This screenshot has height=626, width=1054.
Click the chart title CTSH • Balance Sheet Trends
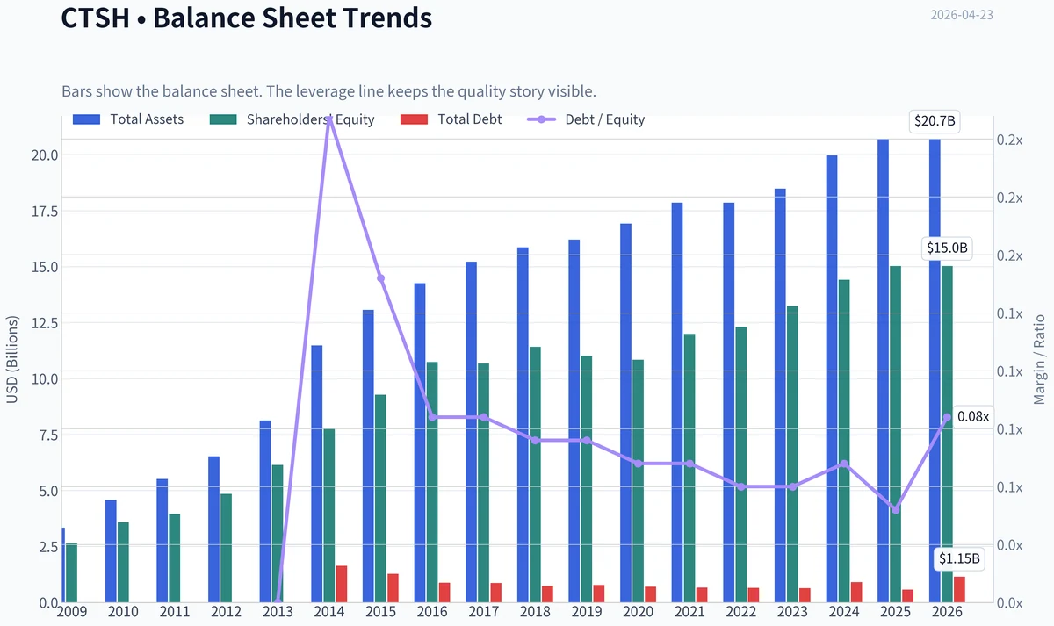point(247,18)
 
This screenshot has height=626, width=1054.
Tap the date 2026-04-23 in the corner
point(962,15)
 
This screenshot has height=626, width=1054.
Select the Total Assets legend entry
point(128,119)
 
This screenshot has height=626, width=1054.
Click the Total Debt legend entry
point(451,119)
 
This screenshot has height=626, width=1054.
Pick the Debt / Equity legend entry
point(586,119)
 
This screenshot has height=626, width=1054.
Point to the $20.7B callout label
point(935,121)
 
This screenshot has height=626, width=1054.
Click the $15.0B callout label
point(947,248)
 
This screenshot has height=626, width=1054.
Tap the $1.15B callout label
point(959,558)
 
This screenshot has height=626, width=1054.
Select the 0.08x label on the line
point(973,417)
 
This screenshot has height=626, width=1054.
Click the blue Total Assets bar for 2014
point(317,473)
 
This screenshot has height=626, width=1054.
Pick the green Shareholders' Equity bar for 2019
point(587,478)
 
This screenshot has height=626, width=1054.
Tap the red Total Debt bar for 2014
point(342,584)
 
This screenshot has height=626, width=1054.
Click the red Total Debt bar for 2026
point(959,589)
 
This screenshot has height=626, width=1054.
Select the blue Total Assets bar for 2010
point(111,550)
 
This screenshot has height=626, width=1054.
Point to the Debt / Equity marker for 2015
point(381,278)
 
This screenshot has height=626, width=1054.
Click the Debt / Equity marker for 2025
point(896,510)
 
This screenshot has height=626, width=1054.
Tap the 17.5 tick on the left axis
point(45,212)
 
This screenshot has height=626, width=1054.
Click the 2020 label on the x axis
point(638,612)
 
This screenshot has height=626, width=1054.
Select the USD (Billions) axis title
point(11,360)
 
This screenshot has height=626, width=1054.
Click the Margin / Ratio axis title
point(1039,360)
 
